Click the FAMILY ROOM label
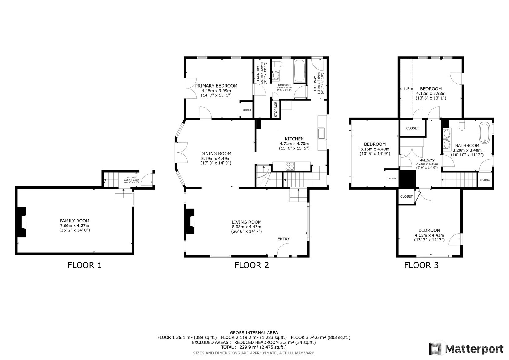click(74, 221)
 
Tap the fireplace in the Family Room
click(22, 222)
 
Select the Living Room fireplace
click(190, 221)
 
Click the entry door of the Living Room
click(283, 251)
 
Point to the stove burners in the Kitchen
click(291, 166)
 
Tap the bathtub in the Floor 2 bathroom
click(299, 71)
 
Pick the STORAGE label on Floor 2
click(276, 108)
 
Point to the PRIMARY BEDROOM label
click(216, 86)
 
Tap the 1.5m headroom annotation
click(408, 89)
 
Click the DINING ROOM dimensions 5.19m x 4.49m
click(215, 158)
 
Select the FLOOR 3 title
click(421, 265)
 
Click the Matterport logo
click(466, 349)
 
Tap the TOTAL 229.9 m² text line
click(253, 347)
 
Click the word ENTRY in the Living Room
click(283, 239)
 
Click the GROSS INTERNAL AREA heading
click(253, 333)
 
